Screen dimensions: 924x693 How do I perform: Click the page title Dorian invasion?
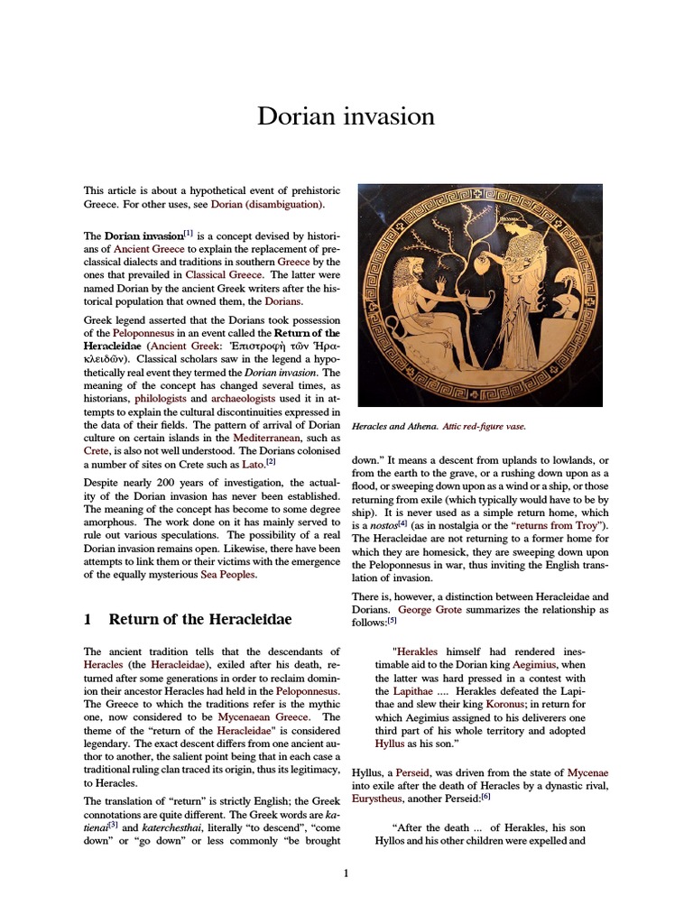coord(346,116)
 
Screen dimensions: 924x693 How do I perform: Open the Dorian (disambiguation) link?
coord(266,205)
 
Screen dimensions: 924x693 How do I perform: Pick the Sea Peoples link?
coord(227,574)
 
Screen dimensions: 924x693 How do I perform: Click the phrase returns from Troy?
coord(559,526)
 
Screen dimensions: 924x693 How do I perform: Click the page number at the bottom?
coord(346,873)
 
